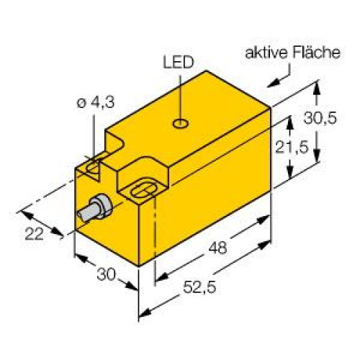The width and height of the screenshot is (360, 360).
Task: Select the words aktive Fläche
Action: point(292,53)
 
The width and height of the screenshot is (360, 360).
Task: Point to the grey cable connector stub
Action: point(94,211)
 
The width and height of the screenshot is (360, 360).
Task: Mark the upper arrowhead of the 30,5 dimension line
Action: point(315,87)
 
